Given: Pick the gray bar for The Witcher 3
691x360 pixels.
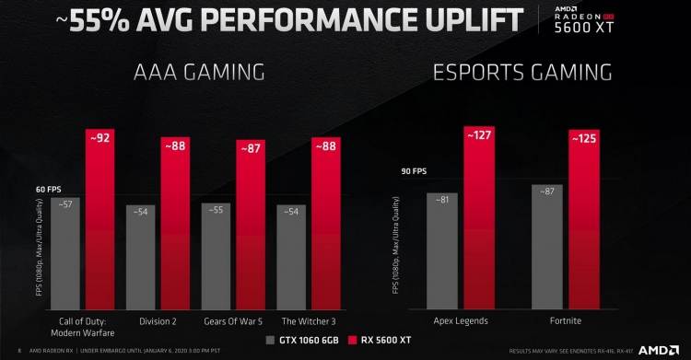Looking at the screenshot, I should [292, 262].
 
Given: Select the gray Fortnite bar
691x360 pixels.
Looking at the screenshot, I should [547, 249].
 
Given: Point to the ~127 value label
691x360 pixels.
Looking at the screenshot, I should [479, 135].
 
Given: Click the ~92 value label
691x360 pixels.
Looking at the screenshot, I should [100, 138].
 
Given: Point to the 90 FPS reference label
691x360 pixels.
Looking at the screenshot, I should [413, 170].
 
